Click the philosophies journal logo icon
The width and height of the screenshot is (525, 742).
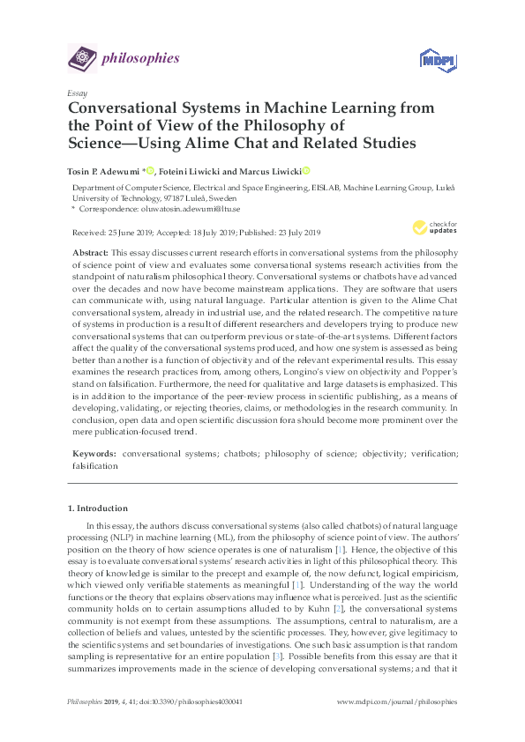tap(82, 59)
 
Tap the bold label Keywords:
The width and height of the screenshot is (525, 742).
tap(94, 453)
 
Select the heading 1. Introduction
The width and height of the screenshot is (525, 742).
tap(98, 508)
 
